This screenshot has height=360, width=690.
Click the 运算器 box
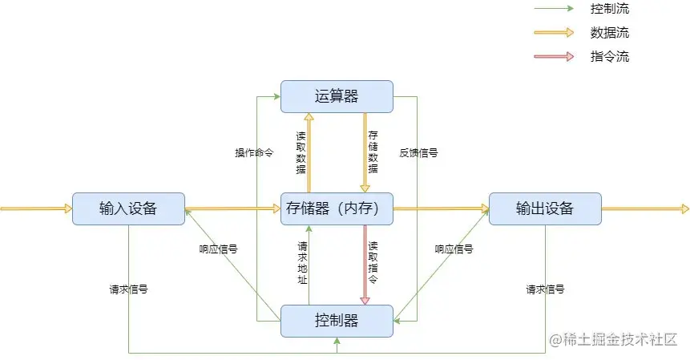(337, 96)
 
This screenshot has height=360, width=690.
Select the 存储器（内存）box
(337, 208)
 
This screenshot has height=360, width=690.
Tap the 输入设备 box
(128, 208)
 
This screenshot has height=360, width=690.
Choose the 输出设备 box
(545, 208)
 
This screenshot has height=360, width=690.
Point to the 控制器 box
(337, 321)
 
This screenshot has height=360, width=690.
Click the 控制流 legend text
(609, 10)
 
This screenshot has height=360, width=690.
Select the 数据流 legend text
(609, 33)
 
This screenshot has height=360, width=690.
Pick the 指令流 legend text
(609, 57)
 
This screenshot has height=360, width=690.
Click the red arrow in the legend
(554, 57)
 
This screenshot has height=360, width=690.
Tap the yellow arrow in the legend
(554, 33)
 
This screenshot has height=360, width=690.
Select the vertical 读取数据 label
(301, 152)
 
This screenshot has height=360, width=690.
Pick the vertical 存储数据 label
(373, 152)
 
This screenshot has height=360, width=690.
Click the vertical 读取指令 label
(373, 263)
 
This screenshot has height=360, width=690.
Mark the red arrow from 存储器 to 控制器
(365, 265)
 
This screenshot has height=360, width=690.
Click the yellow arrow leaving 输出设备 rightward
(645, 208)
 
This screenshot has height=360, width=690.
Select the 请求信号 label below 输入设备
(128, 289)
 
